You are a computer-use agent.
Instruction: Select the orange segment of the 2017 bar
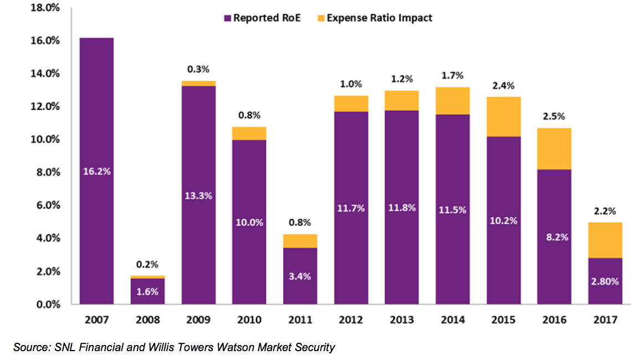coord(605,240)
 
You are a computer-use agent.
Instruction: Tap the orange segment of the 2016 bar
coord(554,148)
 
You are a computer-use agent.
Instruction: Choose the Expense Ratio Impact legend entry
coord(373,18)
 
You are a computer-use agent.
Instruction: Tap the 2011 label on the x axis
coord(300,320)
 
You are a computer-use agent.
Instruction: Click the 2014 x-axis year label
coord(452,320)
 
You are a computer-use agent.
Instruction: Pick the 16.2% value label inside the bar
coord(97,171)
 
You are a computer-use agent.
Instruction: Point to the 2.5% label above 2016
coord(554,117)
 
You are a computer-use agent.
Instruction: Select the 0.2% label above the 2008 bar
coord(147,264)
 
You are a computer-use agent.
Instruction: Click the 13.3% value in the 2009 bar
coord(198,196)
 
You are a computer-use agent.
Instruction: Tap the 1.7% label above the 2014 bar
coord(452,76)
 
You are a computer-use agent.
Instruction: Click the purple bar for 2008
coord(147,291)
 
